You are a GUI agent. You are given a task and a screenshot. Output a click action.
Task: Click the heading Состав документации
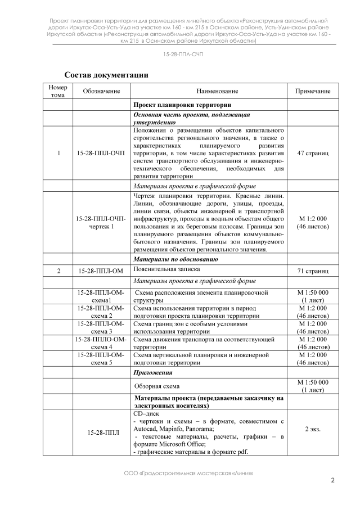pyautogui.click(x=106, y=74)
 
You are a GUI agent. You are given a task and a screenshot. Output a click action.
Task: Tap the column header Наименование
pyautogui.click(x=209, y=91)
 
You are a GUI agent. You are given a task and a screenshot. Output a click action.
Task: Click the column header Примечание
pyautogui.click(x=313, y=91)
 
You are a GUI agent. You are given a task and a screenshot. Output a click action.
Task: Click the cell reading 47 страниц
pyautogui.click(x=313, y=153)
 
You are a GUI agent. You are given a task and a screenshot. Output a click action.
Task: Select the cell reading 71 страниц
pyautogui.click(x=313, y=271)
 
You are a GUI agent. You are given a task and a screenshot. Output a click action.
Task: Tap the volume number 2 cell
pyautogui.click(x=58, y=271)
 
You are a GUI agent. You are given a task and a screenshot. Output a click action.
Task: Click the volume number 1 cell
pyautogui.click(x=58, y=153)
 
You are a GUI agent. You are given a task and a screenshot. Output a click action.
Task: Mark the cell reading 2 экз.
pyautogui.click(x=313, y=429)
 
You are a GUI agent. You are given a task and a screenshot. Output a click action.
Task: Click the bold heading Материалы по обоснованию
pyautogui.click(x=175, y=259)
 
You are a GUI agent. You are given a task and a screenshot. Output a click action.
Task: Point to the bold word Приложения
pyautogui.click(x=152, y=372)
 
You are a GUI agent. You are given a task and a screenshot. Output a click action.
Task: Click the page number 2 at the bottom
pyautogui.click(x=332, y=480)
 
